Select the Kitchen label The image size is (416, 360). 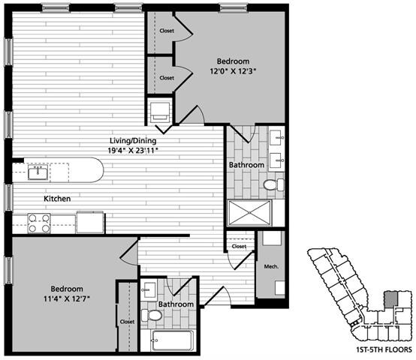57,199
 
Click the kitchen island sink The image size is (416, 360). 37,172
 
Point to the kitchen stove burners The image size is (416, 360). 38,223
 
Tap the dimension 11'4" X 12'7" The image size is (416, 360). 56,299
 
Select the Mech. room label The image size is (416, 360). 271,265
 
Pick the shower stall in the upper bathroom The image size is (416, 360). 247,212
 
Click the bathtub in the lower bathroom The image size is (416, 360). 170,341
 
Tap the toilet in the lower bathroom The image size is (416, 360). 155,316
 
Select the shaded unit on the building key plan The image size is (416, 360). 390,298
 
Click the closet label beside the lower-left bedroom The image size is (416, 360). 127,322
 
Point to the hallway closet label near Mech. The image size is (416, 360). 239,246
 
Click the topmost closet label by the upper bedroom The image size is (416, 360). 167,31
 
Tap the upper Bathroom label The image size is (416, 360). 246,165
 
